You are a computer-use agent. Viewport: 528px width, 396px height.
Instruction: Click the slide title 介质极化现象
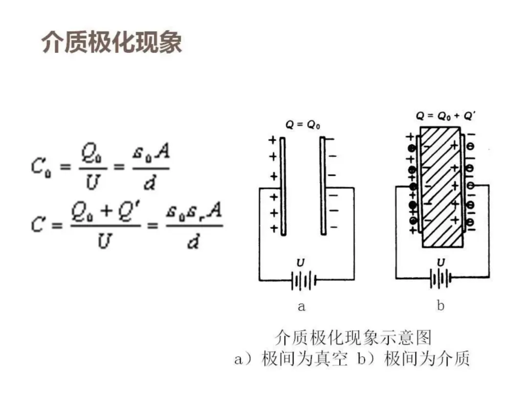click(x=112, y=43)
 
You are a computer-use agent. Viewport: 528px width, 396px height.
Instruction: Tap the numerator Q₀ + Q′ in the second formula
click(x=104, y=213)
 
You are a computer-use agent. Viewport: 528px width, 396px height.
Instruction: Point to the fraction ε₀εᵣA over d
click(x=194, y=226)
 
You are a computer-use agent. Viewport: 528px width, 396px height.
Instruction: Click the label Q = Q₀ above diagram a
click(x=303, y=125)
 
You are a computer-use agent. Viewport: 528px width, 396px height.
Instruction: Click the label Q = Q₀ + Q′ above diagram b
click(x=446, y=116)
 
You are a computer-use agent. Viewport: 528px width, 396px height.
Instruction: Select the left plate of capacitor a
click(x=283, y=186)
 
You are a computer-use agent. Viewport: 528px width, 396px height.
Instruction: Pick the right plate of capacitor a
click(x=323, y=186)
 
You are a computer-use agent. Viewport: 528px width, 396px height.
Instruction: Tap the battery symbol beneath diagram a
click(x=303, y=281)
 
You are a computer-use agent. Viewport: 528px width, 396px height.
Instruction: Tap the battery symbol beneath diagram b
click(x=441, y=279)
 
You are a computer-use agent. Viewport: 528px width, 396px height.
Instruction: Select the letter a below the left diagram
click(x=301, y=307)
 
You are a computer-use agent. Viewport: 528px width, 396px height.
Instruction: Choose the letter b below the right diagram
click(x=440, y=306)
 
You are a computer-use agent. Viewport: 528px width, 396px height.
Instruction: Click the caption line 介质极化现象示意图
click(x=352, y=338)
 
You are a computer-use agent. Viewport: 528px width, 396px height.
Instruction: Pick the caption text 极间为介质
click(x=427, y=359)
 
